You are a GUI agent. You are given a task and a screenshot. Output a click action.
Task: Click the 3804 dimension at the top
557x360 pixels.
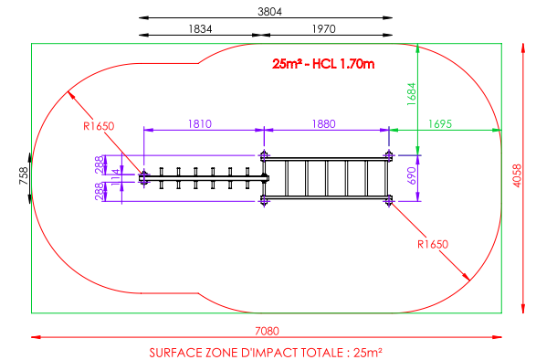coord(269,12)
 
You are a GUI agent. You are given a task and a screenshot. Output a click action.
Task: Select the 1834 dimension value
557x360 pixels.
coord(200,29)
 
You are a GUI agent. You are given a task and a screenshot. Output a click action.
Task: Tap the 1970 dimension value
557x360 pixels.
coord(323,29)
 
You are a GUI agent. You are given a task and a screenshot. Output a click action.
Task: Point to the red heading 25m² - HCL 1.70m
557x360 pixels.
coord(323,64)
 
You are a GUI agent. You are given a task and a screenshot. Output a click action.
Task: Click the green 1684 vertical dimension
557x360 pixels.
coord(411,94)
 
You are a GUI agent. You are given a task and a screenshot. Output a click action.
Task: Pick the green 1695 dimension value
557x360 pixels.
coord(440,124)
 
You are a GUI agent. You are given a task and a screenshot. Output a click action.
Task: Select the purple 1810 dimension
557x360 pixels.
coord(200,124)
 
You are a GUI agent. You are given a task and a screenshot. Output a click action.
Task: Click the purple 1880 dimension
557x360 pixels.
coord(323,124)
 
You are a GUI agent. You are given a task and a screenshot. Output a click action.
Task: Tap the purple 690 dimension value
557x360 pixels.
coord(411,176)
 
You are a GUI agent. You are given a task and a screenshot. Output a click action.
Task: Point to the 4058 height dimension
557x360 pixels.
coord(517,175)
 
